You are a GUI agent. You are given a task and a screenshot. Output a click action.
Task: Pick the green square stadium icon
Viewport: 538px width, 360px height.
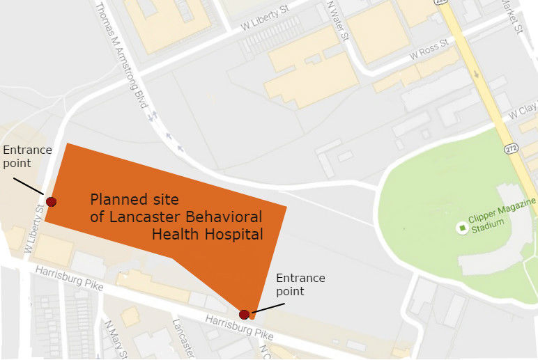coord(462,227)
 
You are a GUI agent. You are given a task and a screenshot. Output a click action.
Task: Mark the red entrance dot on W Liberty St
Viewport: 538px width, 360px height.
coord(50,202)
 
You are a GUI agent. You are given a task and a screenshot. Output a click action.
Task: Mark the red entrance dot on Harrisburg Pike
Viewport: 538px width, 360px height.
coord(245,315)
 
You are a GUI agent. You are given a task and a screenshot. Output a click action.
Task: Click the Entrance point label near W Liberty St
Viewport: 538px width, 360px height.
coord(27,156)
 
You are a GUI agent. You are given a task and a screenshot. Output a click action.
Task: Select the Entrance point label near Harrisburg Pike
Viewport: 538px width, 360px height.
coord(300,285)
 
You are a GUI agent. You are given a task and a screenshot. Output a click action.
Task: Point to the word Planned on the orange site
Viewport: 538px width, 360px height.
coord(115,200)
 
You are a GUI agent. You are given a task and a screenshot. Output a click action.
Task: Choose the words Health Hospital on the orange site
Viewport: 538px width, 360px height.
coord(207,235)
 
